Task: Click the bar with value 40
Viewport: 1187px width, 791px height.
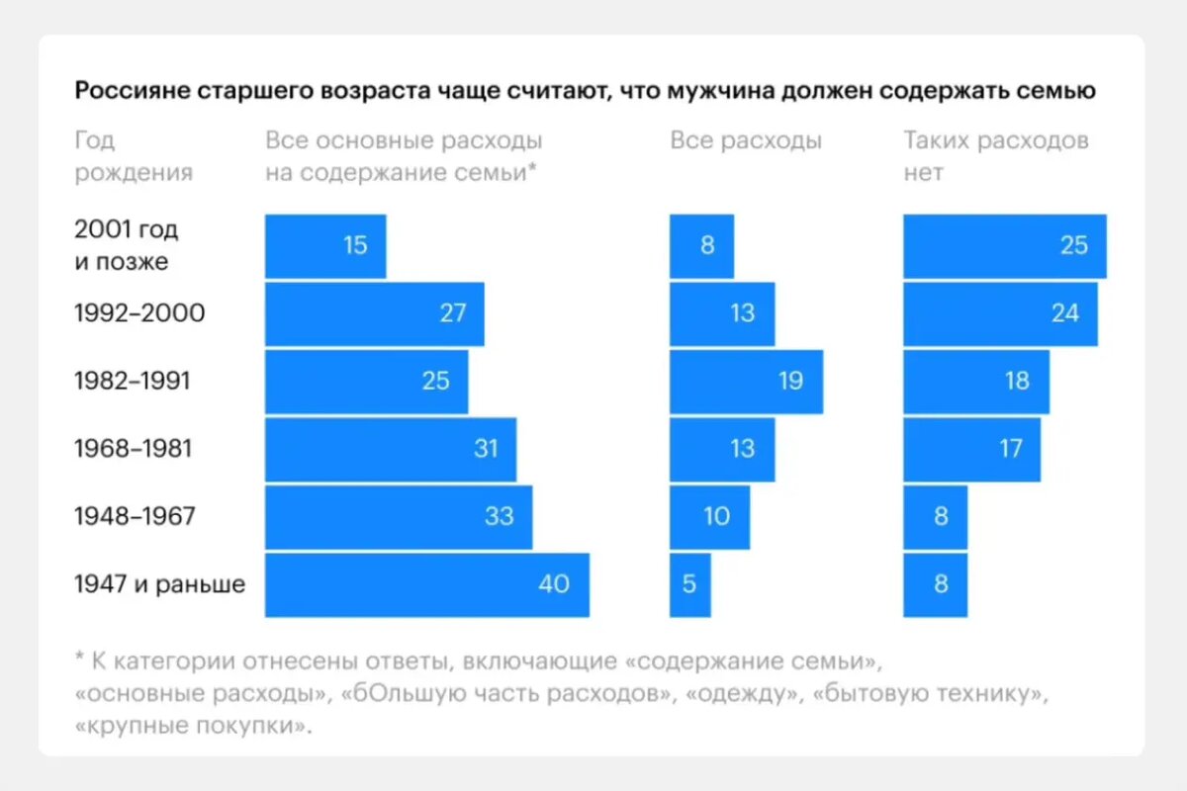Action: (x=426, y=584)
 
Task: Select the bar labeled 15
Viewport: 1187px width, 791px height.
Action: (x=324, y=245)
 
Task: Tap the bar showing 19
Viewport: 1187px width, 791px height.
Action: (x=746, y=381)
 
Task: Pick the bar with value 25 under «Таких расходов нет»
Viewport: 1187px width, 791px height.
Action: (x=1004, y=245)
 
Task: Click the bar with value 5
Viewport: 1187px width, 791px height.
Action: (x=689, y=584)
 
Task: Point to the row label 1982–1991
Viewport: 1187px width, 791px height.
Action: (x=133, y=381)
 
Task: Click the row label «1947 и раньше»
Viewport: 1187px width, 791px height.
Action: (x=159, y=584)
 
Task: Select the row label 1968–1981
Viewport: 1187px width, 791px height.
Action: (x=133, y=449)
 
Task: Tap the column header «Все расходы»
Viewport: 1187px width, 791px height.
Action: (x=746, y=140)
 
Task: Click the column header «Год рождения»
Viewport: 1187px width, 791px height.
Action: (x=133, y=156)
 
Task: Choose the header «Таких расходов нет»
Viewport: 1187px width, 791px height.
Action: (x=995, y=156)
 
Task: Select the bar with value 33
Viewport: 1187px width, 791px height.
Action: (x=398, y=516)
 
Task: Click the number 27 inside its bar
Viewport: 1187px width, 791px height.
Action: (x=453, y=313)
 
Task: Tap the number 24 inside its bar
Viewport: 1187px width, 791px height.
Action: (x=1064, y=313)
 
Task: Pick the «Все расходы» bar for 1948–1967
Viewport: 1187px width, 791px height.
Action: (x=709, y=516)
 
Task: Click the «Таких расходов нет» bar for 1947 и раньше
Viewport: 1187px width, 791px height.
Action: (x=935, y=584)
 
